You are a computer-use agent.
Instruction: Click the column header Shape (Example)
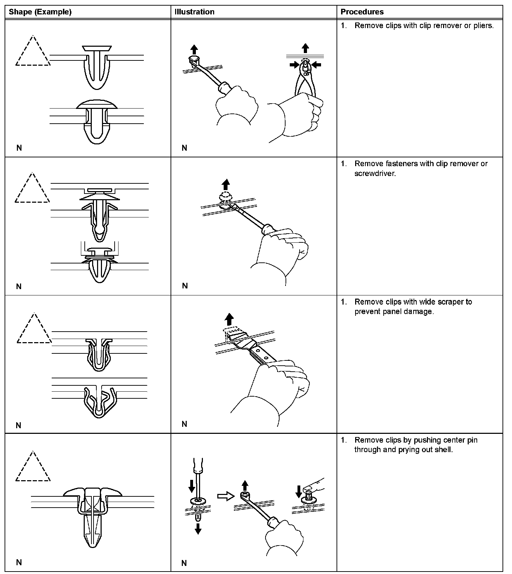click(40, 12)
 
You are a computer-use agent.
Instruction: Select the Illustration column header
click(194, 12)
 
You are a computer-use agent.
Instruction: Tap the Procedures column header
click(362, 12)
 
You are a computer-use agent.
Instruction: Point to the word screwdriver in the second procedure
click(375, 174)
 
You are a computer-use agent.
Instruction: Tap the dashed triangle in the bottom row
click(33, 468)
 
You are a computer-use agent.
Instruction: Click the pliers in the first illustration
click(305, 81)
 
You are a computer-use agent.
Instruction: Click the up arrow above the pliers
click(306, 48)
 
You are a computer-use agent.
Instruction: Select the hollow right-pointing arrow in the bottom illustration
click(225, 496)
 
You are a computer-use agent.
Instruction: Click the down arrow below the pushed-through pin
click(198, 528)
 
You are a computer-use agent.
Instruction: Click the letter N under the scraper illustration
click(184, 424)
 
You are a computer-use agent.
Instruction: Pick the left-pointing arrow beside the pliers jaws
click(316, 64)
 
